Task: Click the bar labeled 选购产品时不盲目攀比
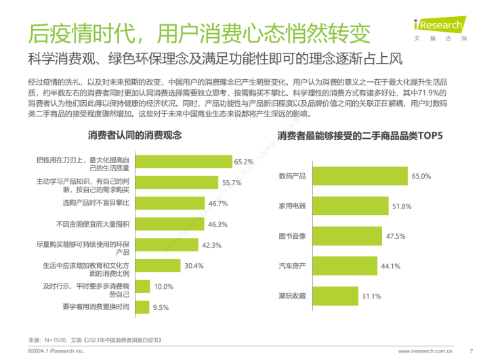pyautogui.click(x=168, y=203)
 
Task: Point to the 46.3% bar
pyautogui.click(x=167, y=224)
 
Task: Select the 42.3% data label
pyautogui.click(x=212, y=245)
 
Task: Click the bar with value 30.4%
pyautogui.click(x=156, y=266)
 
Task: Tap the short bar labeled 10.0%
pyautogui.click(x=141, y=286)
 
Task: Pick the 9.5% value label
pyautogui.click(x=161, y=307)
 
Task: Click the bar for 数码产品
pyautogui.click(x=359, y=177)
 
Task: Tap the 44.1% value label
pyautogui.click(x=392, y=266)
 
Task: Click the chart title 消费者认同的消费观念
pyautogui.click(x=135, y=135)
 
